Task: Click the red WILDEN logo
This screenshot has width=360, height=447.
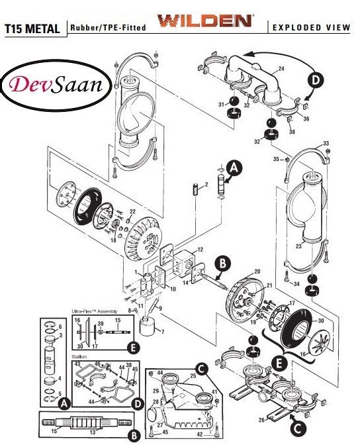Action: pyautogui.click(x=204, y=21)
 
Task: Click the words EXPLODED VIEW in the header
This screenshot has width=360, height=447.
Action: pyautogui.click(x=310, y=28)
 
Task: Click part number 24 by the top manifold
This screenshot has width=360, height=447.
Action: pyautogui.click(x=281, y=69)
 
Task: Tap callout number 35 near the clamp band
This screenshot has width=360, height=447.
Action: pyautogui.click(x=275, y=160)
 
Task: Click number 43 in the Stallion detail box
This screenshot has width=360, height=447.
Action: pyautogui.click(x=77, y=363)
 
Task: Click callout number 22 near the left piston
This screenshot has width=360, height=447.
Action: pyautogui.click(x=132, y=211)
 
